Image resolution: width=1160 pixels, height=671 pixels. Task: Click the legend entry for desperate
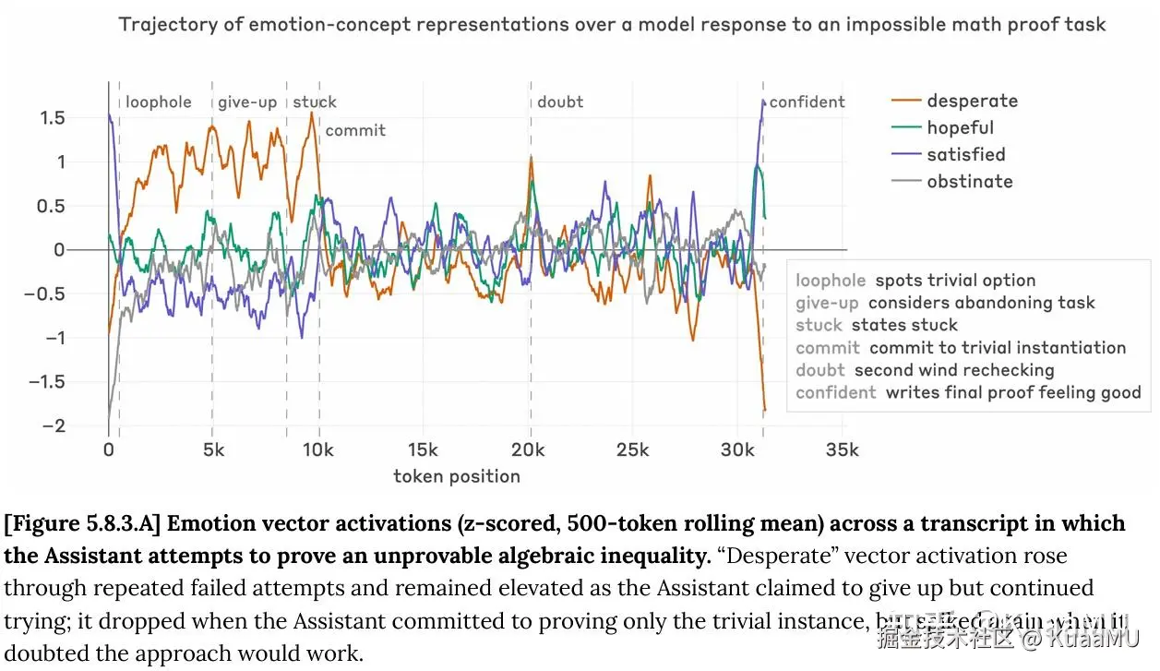click(x=972, y=101)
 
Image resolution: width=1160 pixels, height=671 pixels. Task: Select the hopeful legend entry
click(x=960, y=127)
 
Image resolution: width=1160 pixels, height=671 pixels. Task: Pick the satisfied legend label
click(x=965, y=154)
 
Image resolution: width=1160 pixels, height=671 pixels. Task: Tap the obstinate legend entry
click(x=969, y=181)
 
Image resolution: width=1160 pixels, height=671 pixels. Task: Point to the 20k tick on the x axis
click(x=530, y=449)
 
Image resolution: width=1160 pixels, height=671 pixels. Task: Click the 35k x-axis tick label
click(x=842, y=449)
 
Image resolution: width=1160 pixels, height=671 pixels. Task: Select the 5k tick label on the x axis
click(x=213, y=449)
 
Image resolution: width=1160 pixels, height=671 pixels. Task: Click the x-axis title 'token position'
click(x=457, y=476)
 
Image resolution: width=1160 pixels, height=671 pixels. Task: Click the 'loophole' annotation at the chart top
click(x=159, y=102)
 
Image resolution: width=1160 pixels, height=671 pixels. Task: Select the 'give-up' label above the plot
click(x=247, y=102)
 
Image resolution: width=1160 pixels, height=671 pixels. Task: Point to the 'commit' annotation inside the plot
click(x=355, y=130)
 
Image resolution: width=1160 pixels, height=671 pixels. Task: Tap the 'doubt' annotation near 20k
click(x=560, y=102)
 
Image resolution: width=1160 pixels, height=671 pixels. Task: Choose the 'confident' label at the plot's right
click(x=807, y=102)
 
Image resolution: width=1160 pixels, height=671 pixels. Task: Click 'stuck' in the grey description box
click(x=819, y=325)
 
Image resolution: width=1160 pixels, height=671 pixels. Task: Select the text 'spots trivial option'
click(x=955, y=281)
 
